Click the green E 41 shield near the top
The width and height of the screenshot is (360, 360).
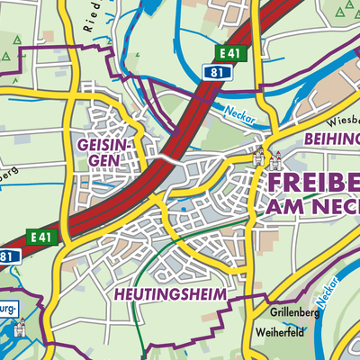(233, 55)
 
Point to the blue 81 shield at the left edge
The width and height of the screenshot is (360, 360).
(7, 256)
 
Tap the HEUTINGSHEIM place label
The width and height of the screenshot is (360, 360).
(168, 294)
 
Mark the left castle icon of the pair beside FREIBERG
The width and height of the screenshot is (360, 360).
(262, 154)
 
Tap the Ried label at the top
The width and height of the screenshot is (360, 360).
(90, 20)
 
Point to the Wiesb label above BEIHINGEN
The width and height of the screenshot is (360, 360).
(343, 118)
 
